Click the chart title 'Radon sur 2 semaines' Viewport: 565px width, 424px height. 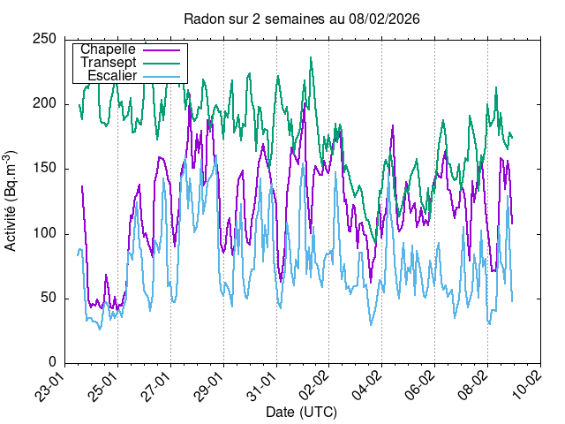[301, 19]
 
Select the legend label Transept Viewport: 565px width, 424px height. [108, 63]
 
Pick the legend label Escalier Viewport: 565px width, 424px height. [112, 76]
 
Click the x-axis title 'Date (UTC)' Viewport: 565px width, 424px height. [301, 412]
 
